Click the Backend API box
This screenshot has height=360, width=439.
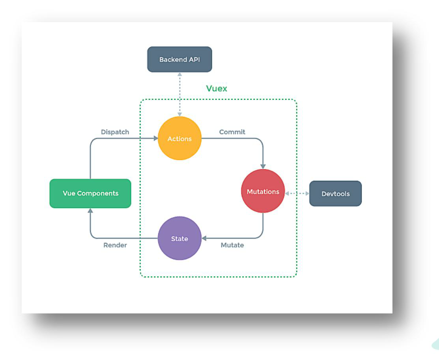179,60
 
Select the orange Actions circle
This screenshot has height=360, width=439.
179,139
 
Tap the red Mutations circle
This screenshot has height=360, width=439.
263,191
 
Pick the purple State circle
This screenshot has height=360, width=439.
179,238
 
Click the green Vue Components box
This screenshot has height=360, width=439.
90,193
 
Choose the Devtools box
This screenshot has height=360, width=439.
335,194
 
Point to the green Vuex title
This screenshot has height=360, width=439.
217,88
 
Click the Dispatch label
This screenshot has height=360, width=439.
115,132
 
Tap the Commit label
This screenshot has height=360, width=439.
232,132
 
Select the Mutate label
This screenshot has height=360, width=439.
232,245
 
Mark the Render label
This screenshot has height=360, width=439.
115,245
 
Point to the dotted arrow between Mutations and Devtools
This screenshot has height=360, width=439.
297,193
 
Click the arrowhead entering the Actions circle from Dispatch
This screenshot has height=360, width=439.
155,139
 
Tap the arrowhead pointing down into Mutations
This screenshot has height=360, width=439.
263,167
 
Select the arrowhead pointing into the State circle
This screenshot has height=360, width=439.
204,238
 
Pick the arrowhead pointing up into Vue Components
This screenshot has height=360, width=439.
91,211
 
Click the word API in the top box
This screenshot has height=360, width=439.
194,60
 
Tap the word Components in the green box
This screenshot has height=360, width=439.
97,193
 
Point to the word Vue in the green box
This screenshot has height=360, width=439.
69,193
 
